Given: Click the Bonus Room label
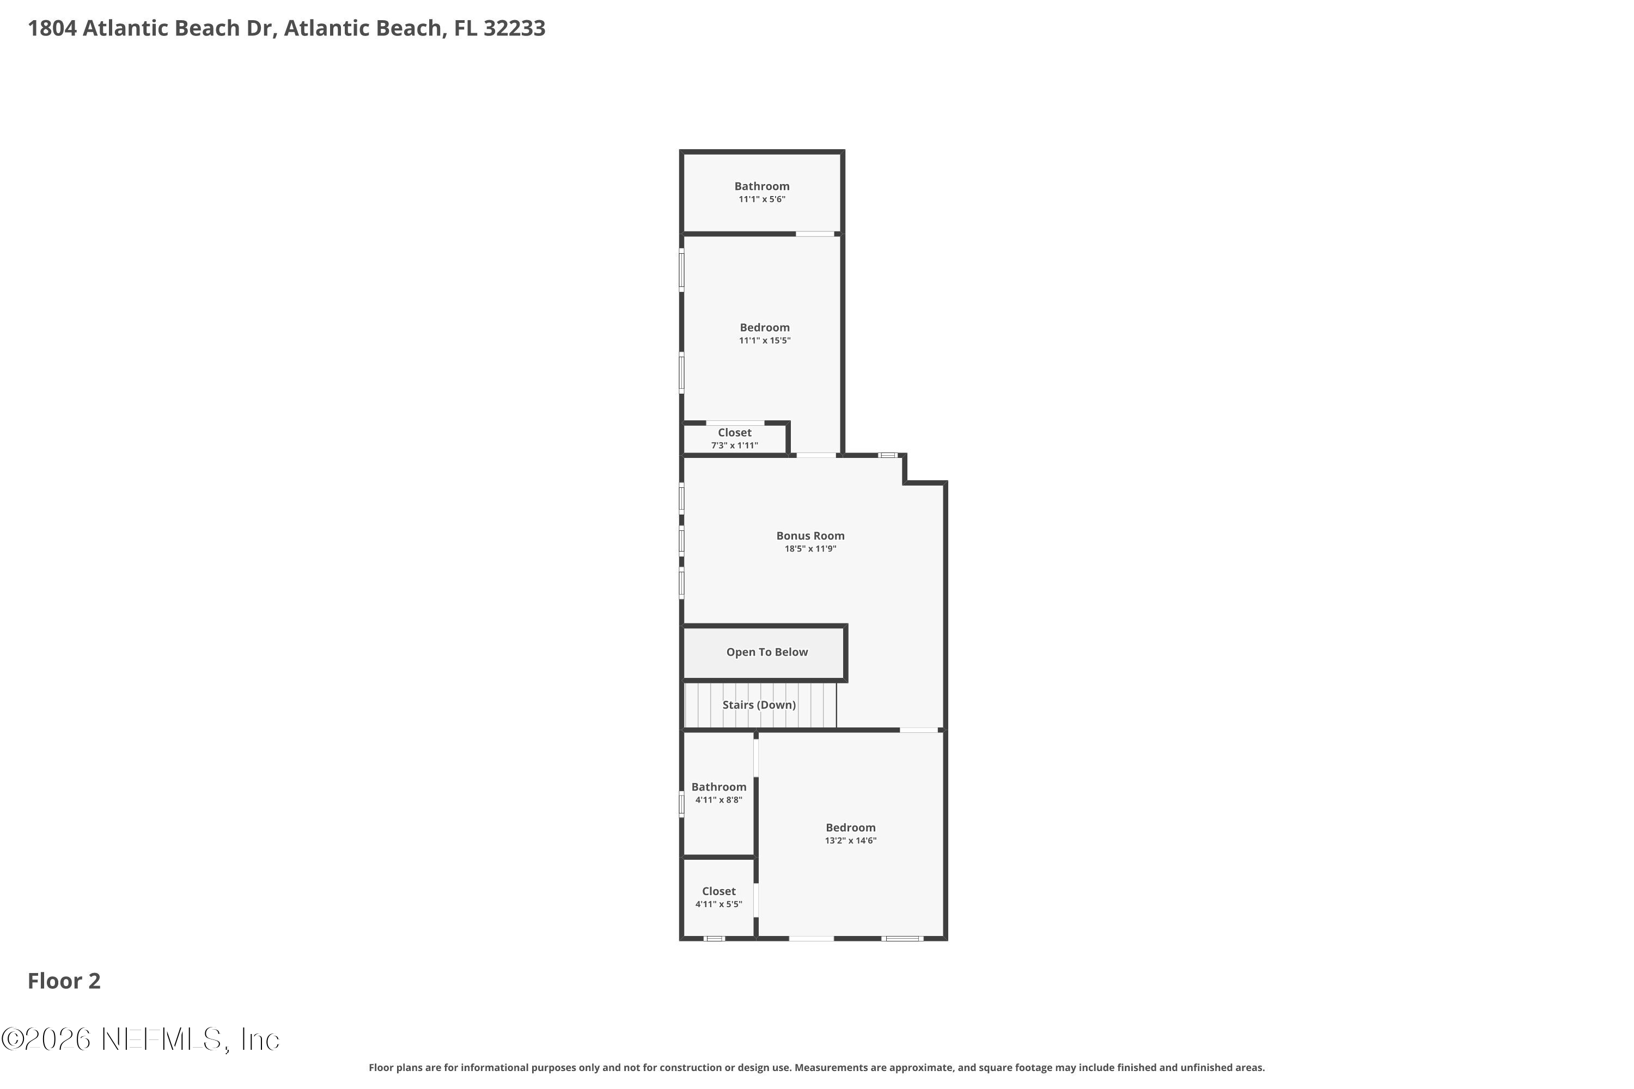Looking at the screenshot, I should point(810,535).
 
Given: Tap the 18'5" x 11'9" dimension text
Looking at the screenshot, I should point(810,549).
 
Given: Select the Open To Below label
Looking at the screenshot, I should point(766,652).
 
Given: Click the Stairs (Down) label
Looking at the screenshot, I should point(759,705).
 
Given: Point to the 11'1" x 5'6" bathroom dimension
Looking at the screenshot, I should point(761,199).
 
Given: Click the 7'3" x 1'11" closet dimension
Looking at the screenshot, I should point(734,445).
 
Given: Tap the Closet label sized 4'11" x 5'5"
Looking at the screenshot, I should point(718,891).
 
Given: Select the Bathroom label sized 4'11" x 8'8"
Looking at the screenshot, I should point(718,787).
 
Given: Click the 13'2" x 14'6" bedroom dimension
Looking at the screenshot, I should point(850,840).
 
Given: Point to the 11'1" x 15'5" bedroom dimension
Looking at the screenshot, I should point(764,340).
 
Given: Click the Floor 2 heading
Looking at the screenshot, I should point(64,981).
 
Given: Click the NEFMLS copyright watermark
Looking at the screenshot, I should point(141,1039).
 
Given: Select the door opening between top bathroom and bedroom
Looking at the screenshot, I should point(814,234).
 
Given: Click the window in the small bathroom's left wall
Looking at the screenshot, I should point(681,804).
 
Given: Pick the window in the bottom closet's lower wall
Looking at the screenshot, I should point(714,938).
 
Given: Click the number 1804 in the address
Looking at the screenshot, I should point(52,28).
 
